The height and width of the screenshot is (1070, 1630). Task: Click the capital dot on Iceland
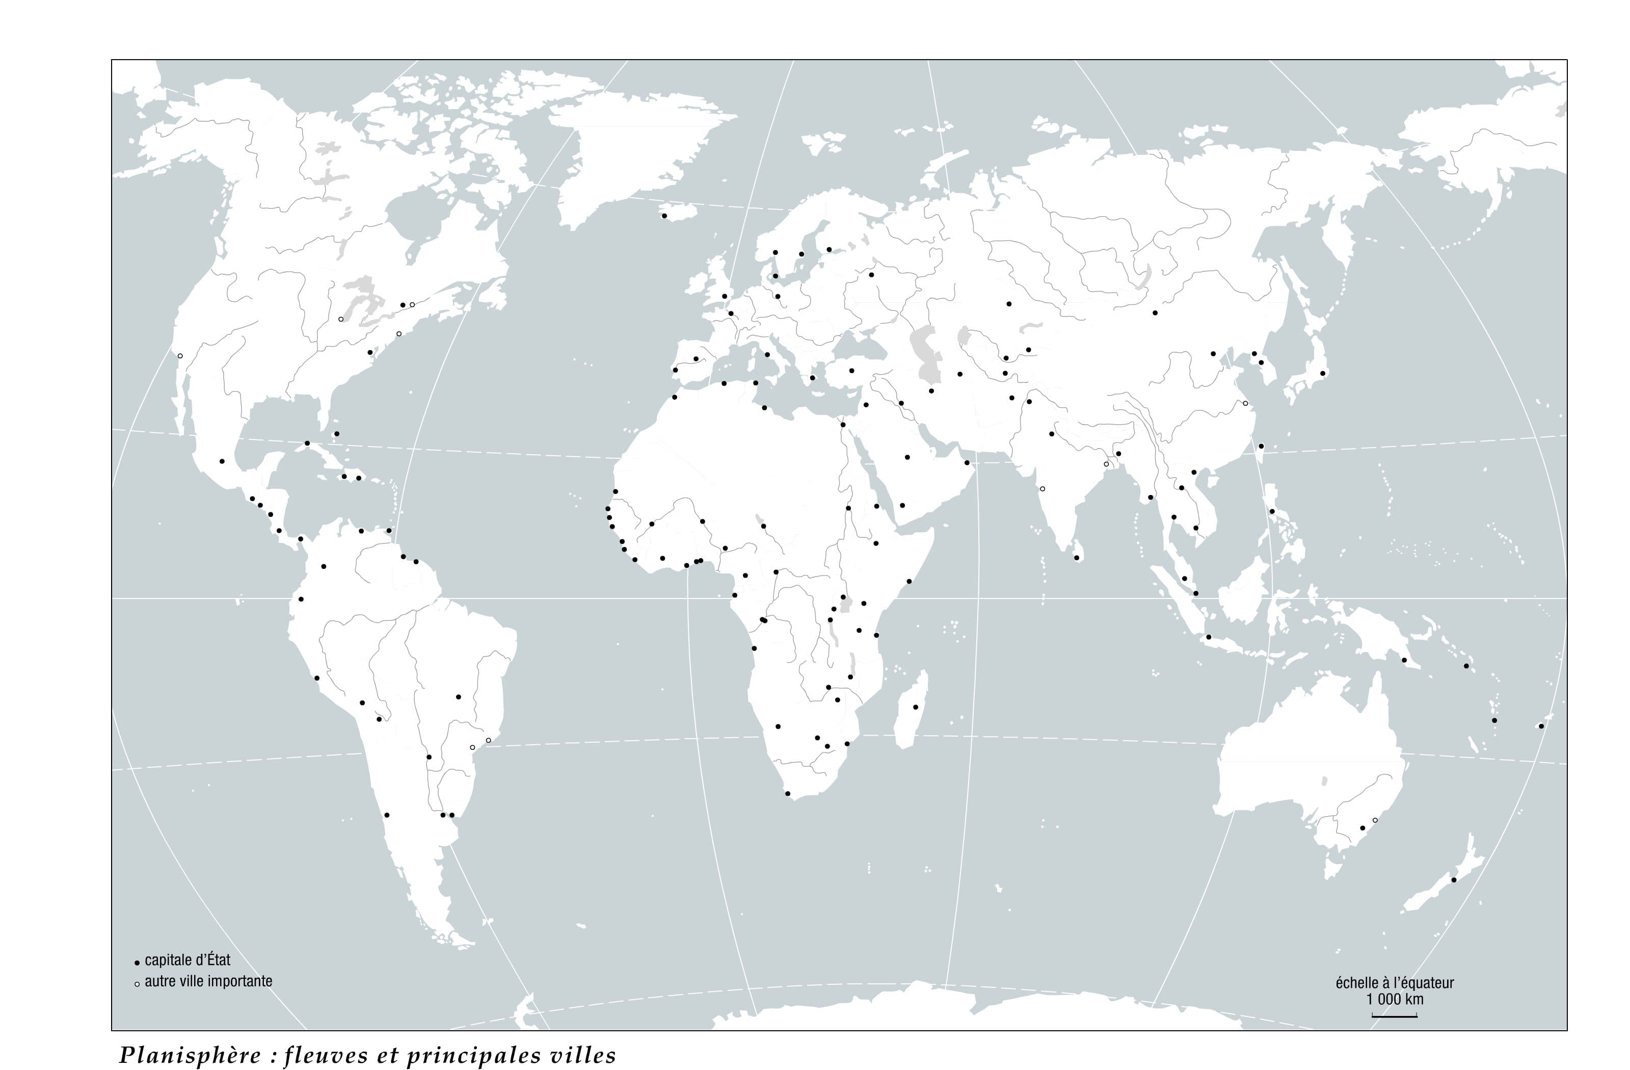[663, 216]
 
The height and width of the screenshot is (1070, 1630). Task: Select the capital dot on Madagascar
[916, 707]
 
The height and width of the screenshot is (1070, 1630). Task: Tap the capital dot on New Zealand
[1453, 879]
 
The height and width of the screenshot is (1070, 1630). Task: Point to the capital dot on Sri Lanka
[1077, 558]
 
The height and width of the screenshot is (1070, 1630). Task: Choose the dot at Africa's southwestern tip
[788, 793]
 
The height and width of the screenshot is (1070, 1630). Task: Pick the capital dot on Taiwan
[1261, 447]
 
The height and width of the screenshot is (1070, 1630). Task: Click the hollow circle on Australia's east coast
[1375, 820]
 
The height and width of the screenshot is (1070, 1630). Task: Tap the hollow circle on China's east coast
[1245, 403]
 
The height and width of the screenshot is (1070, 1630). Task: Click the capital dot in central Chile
[387, 815]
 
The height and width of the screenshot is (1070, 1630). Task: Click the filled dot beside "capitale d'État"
[137, 962]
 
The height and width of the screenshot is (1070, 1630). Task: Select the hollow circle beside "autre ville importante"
[137, 984]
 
